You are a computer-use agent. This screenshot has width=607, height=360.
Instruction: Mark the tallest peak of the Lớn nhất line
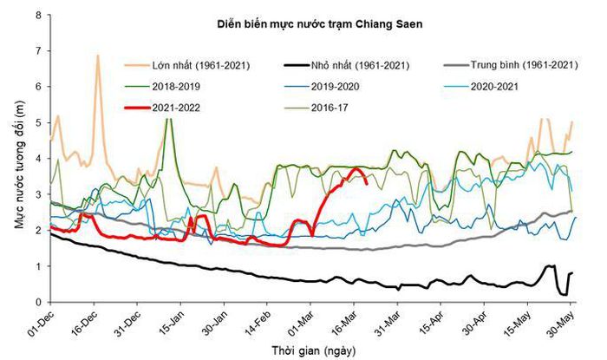[x=97, y=56]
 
